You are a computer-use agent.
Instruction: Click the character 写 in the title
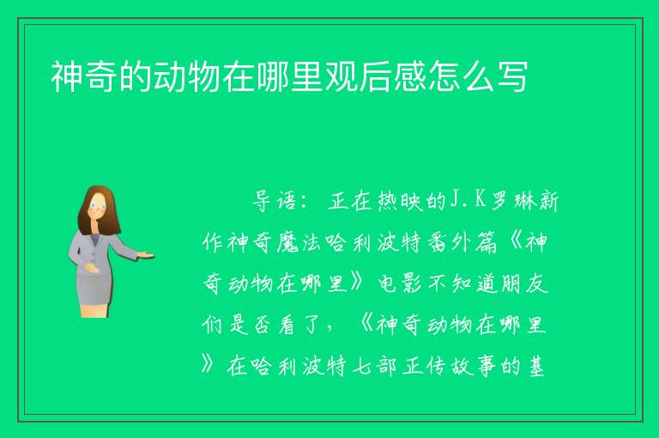pos(512,76)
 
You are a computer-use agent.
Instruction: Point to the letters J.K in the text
pos(468,200)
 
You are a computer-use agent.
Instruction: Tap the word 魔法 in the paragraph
pos(300,242)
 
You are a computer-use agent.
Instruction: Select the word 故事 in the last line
pos(474,366)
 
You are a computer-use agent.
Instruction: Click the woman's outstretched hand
pos(146,255)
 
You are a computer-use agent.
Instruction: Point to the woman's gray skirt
pos(94,286)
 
